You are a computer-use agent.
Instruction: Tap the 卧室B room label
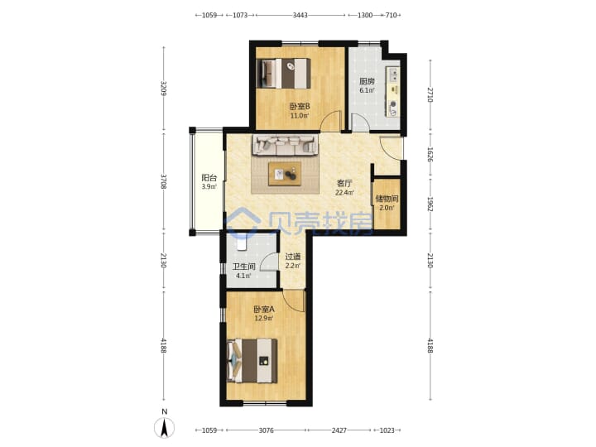tap(300, 106)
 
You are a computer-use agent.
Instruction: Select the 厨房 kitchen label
tap(367, 81)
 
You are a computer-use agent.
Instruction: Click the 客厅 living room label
tap(344, 183)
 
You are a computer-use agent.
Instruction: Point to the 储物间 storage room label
tap(387, 199)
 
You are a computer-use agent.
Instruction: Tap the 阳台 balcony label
tap(209, 177)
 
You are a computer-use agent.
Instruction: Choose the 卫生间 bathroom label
tap(243, 267)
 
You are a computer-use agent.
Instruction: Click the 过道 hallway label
tap(293, 257)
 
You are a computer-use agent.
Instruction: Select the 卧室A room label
tap(264, 309)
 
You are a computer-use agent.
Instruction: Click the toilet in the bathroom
tap(242, 242)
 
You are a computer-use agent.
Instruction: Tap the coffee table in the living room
tap(285, 174)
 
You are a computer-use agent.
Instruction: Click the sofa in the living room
tap(285, 146)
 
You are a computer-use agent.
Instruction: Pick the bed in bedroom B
tap(284, 74)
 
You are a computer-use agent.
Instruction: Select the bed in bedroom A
tap(252, 361)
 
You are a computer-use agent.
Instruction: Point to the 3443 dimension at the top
tap(300, 15)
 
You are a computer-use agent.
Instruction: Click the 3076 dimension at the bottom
tap(266, 430)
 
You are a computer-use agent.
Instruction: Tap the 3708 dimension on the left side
tap(164, 181)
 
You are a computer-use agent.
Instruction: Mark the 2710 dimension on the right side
tap(430, 94)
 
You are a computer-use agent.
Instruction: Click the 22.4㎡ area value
tap(344, 192)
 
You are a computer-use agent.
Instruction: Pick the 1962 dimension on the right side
tap(430, 204)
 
